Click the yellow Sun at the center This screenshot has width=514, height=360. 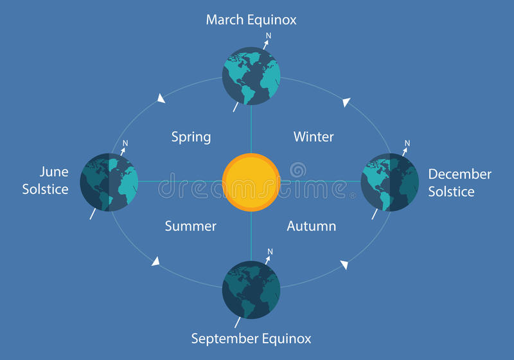251,182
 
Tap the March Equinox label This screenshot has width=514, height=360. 251,20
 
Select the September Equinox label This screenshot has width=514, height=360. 251,339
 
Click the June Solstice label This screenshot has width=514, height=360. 45,181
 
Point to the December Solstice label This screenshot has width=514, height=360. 459,183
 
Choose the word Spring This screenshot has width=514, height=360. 191,137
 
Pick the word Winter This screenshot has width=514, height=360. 314,137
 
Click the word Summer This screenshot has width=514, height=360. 190,226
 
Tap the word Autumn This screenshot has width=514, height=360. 312,226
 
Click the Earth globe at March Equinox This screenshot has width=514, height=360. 251,76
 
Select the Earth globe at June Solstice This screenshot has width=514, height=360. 109,183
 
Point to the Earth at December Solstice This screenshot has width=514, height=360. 390,183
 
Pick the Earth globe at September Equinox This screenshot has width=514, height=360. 251,290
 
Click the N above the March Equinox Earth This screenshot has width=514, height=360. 269,36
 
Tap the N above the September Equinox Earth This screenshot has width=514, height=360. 270,251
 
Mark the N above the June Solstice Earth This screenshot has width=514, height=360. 125,143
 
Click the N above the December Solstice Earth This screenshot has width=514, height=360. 407,143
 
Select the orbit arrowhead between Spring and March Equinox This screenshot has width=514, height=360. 161,98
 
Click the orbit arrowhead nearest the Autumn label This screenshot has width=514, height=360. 344,265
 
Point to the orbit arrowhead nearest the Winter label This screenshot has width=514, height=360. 346,102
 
